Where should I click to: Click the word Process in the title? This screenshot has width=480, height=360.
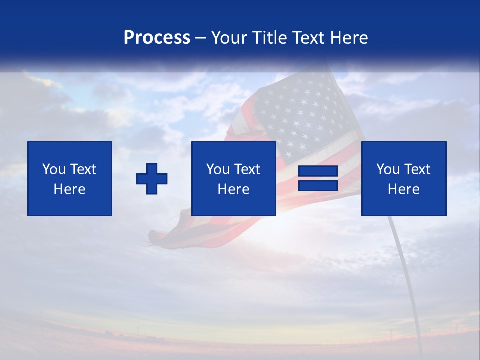point(157,38)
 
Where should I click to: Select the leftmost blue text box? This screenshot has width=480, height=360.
point(70,178)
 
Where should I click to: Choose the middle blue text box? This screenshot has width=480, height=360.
point(233,178)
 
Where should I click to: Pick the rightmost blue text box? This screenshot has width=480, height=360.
point(403,178)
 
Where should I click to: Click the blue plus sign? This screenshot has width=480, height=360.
point(152,179)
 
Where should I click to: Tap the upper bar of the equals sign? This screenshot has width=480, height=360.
point(318,171)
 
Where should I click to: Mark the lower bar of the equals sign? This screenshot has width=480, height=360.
point(318,186)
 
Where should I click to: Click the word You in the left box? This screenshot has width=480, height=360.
point(53,169)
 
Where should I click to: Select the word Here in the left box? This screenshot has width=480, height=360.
point(70,189)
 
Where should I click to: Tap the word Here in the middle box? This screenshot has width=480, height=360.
point(233,189)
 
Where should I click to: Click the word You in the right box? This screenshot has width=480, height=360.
point(387,169)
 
